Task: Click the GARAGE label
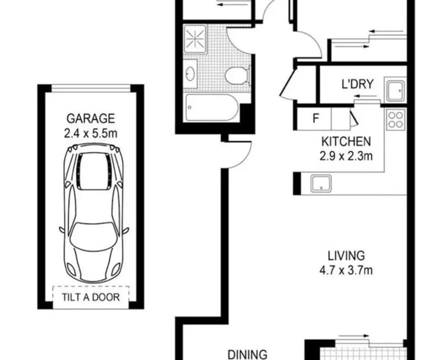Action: [91, 119]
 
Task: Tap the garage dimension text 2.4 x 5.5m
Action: [91, 134]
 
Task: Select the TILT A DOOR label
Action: [91, 297]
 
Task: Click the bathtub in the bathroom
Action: [212, 107]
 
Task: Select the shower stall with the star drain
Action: [195, 38]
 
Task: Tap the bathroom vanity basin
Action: [190, 74]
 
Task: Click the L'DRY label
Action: [358, 84]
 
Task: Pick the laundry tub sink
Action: [395, 91]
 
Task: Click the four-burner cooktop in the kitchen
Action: [396, 119]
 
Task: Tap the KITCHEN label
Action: [346, 142]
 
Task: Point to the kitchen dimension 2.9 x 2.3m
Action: [346, 156]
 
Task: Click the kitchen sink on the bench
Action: [321, 183]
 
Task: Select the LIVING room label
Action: [346, 256]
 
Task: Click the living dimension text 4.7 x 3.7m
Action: [346, 270]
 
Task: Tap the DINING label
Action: [247, 355]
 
